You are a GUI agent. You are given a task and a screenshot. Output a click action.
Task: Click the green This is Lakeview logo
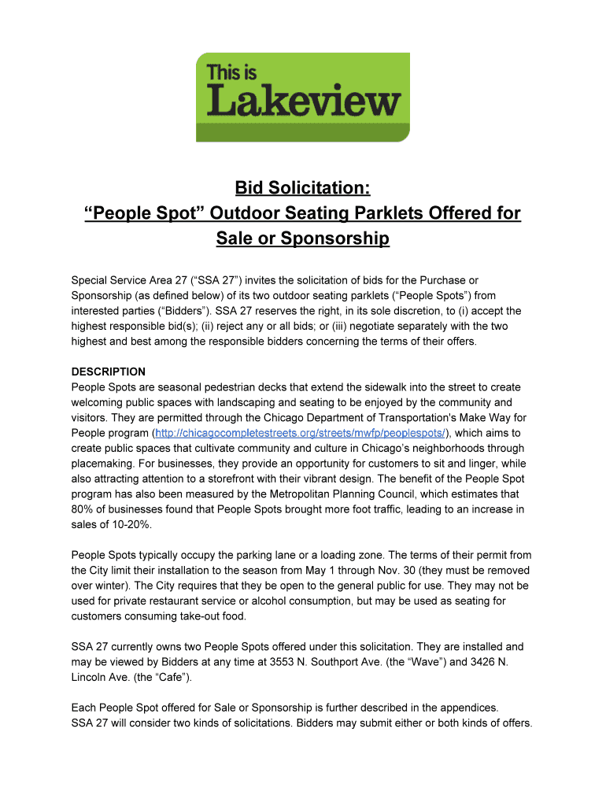(x=302, y=97)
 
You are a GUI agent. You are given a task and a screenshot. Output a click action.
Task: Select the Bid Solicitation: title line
(x=302, y=189)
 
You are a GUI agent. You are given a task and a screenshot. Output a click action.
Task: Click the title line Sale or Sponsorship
(x=302, y=238)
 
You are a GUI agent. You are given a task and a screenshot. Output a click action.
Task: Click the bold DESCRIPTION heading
(x=109, y=372)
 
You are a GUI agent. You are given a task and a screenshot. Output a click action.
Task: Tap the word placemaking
(x=105, y=464)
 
